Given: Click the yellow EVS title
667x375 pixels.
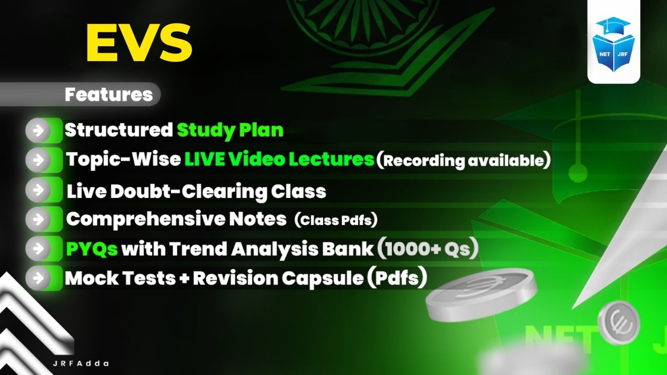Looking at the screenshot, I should (x=139, y=42).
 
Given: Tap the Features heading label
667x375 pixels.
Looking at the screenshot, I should (x=108, y=95).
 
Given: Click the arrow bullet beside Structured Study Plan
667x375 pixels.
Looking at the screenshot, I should (x=38, y=130).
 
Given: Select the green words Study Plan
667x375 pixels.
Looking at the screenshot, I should (x=230, y=130).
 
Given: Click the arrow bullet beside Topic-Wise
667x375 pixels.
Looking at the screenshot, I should (x=38, y=160).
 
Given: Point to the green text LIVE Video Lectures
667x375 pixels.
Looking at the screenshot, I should (x=279, y=159).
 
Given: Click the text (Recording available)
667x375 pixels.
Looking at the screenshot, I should (x=463, y=160).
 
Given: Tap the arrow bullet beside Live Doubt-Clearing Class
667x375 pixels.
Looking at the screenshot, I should (x=38, y=190).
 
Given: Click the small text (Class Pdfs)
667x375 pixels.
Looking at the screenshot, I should (x=336, y=220).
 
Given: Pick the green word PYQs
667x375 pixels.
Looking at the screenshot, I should (x=92, y=249).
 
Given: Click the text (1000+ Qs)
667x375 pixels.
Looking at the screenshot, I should (x=427, y=249).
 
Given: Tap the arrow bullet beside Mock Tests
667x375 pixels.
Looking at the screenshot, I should (x=38, y=277).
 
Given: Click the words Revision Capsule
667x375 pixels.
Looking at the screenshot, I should (x=278, y=278).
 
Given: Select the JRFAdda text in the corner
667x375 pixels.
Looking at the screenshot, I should (x=81, y=363).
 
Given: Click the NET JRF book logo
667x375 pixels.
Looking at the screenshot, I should (x=614, y=46).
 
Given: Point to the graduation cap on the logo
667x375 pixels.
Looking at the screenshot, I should (x=613, y=26).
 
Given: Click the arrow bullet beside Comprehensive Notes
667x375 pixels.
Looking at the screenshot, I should (x=38, y=219).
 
